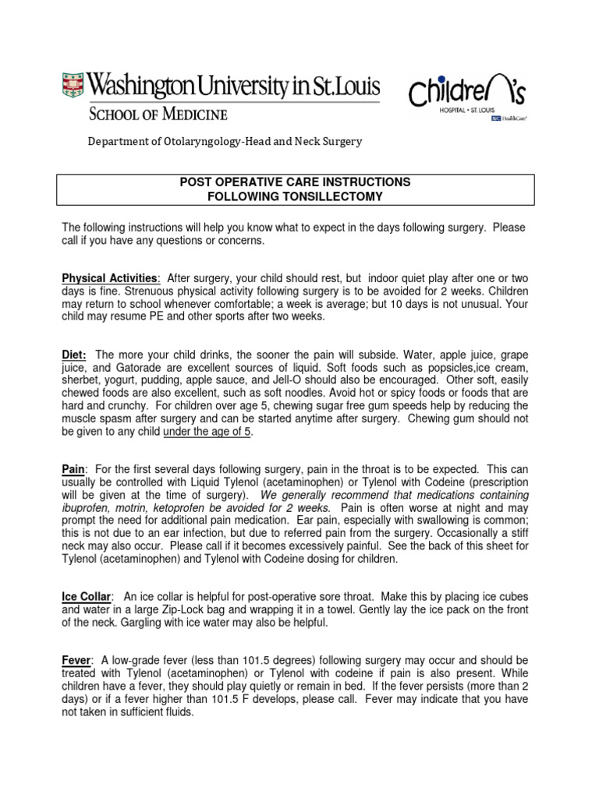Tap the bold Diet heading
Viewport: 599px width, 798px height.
75,354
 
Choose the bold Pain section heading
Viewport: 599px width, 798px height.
73,469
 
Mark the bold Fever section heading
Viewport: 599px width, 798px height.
76,660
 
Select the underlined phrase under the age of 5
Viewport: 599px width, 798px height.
207,432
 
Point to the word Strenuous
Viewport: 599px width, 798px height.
118,291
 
